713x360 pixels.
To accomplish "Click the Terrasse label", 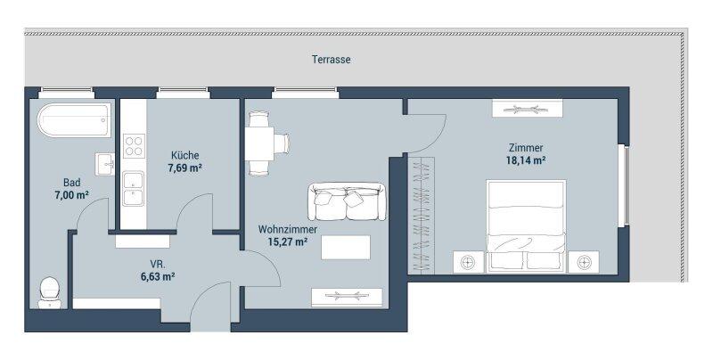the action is (x=331, y=60).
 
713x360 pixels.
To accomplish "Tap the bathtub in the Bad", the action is (x=74, y=120).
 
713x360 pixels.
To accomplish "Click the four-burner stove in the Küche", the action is (x=134, y=146).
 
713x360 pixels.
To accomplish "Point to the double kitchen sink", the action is (x=133, y=189).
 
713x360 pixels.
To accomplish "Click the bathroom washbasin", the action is (x=105, y=164).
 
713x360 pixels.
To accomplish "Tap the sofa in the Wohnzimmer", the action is (x=347, y=201).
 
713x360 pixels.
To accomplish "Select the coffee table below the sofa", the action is (x=346, y=247).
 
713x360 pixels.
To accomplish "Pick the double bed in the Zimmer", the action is (x=526, y=226).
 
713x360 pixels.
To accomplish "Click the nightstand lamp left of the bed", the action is (x=467, y=262).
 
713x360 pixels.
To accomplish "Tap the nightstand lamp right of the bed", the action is (x=584, y=262).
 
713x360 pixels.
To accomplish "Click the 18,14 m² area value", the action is (x=526, y=160).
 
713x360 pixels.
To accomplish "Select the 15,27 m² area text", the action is (x=287, y=241).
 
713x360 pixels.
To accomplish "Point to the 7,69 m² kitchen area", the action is (x=184, y=168).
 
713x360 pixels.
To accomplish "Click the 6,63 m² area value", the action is (x=159, y=276).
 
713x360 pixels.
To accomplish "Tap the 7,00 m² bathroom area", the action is (x=71, y=195).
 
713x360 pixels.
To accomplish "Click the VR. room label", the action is (x=158, y=264).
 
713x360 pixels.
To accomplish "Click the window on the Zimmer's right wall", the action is (x=627, y=185).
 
